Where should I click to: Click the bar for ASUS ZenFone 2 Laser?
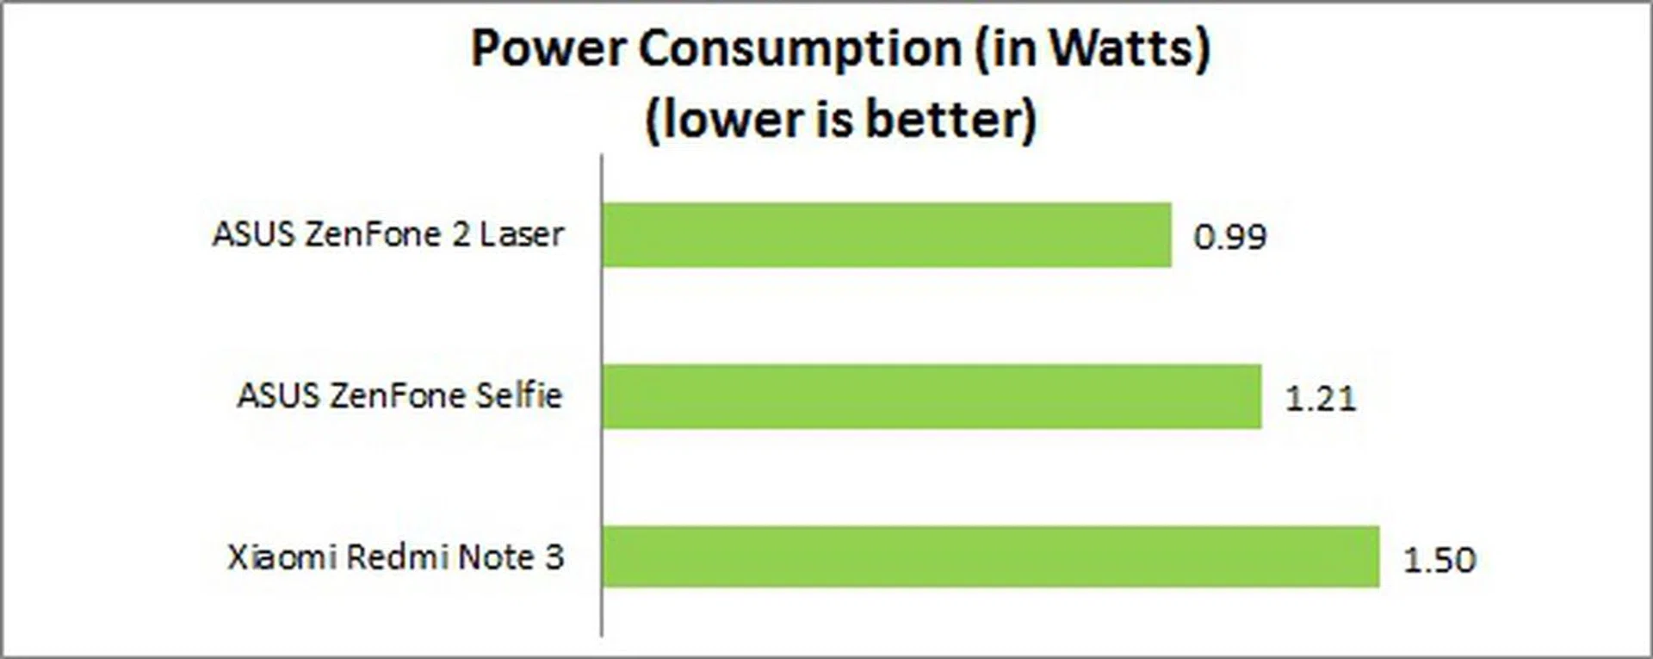[887, 235]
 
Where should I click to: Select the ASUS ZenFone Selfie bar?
[932, 396]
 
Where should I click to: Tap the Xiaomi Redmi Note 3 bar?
[990, 557]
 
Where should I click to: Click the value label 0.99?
[1229, 237]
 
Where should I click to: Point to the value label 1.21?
[1320, 398]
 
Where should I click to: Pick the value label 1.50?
[1439, 560]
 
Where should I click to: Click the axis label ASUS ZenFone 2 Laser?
[387, 234]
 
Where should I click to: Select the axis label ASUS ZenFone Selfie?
[399, 395]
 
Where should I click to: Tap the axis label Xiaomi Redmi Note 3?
[395, 557]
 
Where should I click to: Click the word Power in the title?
[548, 48]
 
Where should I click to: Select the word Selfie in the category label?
[518, 395]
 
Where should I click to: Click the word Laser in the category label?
[521, 234]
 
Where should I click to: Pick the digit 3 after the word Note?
[554, 557]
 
